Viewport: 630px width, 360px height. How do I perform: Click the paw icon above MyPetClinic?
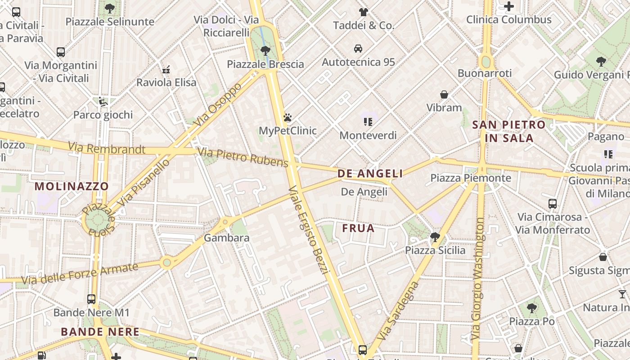coord(288,117)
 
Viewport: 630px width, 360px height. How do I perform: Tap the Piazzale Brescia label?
coord(265,64)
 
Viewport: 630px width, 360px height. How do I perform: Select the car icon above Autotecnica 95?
coord(358,48)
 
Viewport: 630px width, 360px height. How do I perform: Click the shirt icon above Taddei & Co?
coord(364,12)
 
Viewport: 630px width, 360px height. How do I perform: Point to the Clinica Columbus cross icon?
coord(509,6)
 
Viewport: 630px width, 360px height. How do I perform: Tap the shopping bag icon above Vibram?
coord(444,94)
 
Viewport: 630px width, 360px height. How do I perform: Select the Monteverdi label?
coord(368,135)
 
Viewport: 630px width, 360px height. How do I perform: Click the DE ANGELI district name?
coord(370,173)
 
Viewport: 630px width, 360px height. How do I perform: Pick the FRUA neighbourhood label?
coord(358,228)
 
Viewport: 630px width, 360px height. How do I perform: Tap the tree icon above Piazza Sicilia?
coord(435,237)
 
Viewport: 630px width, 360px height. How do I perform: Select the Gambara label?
coord(227,238)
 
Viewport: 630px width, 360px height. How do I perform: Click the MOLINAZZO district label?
coord(72,186)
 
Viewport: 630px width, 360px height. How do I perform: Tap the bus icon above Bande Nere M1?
coord(91,299)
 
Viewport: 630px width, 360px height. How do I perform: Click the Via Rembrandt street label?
coord(107,148)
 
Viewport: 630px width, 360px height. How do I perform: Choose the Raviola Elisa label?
coord(166,82)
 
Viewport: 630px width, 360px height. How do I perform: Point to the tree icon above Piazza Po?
coord(531,308)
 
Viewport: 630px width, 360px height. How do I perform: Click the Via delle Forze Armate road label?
coord(80,274)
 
